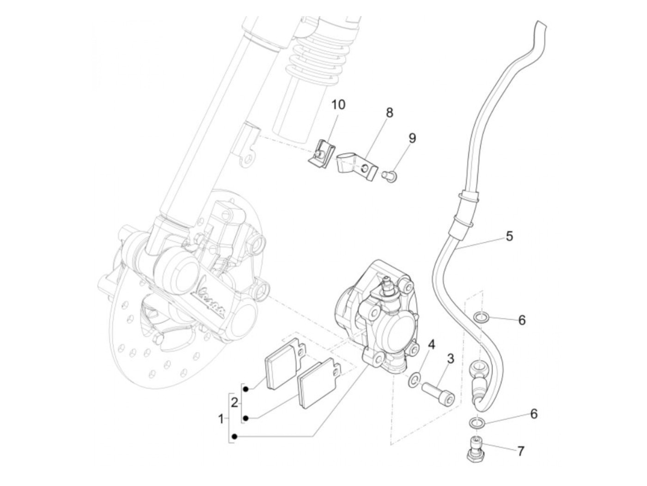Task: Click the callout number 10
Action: pyautogui.click(x=338, y=104)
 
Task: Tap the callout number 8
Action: pyautogui.click(x=389, y=112)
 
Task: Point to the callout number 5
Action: pyautogui.click(x=509, y=236)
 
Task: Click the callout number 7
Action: pyautogui.click(x=521, y=451)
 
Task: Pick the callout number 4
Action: pyautogui.click(x=431, y=344)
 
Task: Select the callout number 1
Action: pyautogui.click(x=221, y=419)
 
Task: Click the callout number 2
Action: pyautogui.click(x=234, y=402)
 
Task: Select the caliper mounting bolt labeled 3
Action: pyautogui.click(x=437, y=390)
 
